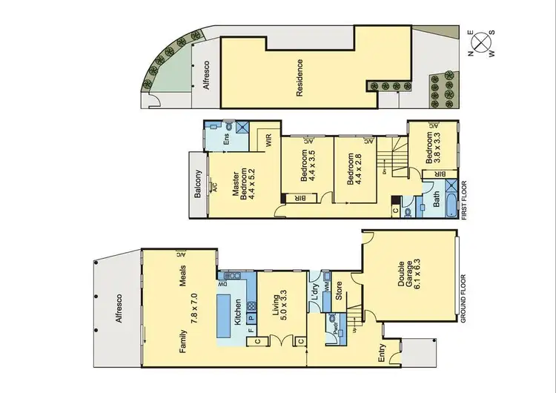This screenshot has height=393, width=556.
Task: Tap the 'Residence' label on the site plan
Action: [x=300, y=78]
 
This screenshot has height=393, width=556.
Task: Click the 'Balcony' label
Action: [x=197, y=184]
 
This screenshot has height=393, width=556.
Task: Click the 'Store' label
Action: [x=340, y=291]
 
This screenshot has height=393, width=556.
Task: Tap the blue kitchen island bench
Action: [x=222, y=314]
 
